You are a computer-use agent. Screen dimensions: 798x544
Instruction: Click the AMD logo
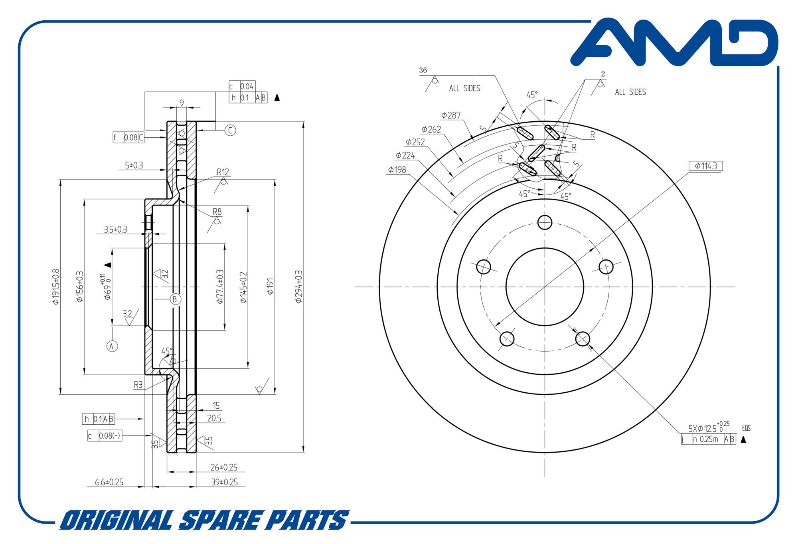click(x=674, y=42)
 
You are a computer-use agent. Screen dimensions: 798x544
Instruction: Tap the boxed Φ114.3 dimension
click(x=705, y=166)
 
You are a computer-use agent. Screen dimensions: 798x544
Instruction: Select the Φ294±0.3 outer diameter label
click(x=299, y=287)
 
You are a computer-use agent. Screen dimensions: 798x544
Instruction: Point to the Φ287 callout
click(x=451, y=115)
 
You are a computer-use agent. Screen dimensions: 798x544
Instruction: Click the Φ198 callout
click(x=397, y=170)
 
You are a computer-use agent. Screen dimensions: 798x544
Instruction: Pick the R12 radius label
click(x=223, y=172)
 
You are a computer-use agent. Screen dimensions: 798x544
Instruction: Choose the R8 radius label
click(x=217, y=212)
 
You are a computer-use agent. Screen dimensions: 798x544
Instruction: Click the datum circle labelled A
click(x=112, y=346)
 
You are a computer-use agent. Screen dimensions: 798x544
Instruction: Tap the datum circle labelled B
click(x=175, y=299)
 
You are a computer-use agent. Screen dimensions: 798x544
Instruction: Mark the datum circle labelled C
click(x=230, y=130)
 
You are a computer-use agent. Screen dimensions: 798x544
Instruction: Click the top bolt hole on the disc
click(x=545, y=222)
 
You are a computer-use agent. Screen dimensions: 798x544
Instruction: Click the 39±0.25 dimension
click(x=224, y=482)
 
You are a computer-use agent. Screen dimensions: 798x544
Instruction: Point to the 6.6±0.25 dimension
click(x=109, y=482)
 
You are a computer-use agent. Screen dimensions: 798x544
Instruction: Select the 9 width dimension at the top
click(x=182, y=103)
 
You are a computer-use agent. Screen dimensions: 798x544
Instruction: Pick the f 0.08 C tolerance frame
click(x=128, y=137)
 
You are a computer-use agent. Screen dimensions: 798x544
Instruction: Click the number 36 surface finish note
click(x=423, y=70)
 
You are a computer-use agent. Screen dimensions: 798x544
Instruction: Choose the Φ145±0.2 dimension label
click(x=243, y=287)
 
